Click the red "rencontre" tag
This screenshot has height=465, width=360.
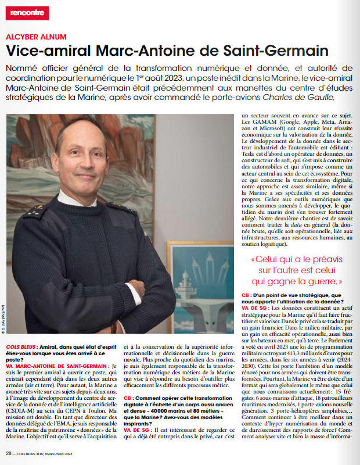[27, 13]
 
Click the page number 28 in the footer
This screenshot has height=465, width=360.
[9, 453]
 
